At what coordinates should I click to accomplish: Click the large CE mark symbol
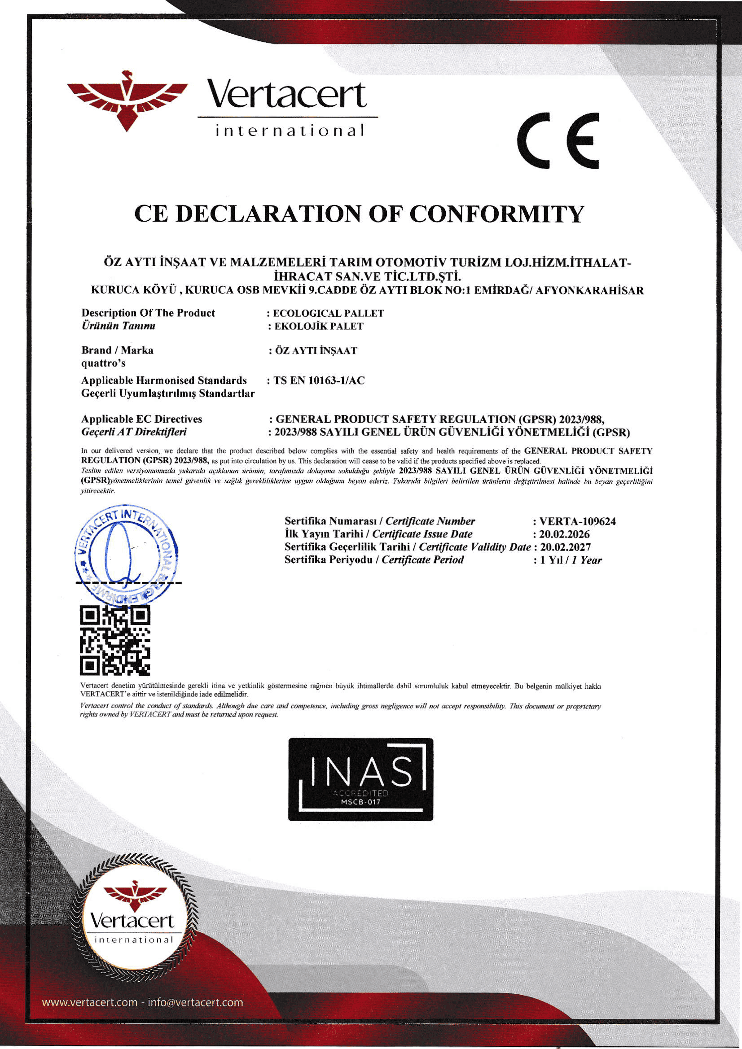pos(558,140)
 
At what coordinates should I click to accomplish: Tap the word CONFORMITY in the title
pos(496,214)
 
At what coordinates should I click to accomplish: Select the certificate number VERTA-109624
pos(577,521)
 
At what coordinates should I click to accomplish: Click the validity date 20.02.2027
pos(566,547)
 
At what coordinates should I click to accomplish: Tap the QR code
pos(115,641)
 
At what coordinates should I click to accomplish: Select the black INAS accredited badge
pos(360,779)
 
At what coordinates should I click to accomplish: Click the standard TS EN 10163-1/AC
pos(319,380)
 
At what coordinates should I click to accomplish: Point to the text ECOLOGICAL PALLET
pos(328,314)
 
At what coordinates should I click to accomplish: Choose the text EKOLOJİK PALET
pos(319,326)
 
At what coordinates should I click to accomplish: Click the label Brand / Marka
pos(118,350)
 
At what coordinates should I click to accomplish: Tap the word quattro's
pos(103,363)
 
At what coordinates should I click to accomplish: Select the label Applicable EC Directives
pos(142,419)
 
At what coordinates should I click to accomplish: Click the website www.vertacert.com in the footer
pos(90,1002)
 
